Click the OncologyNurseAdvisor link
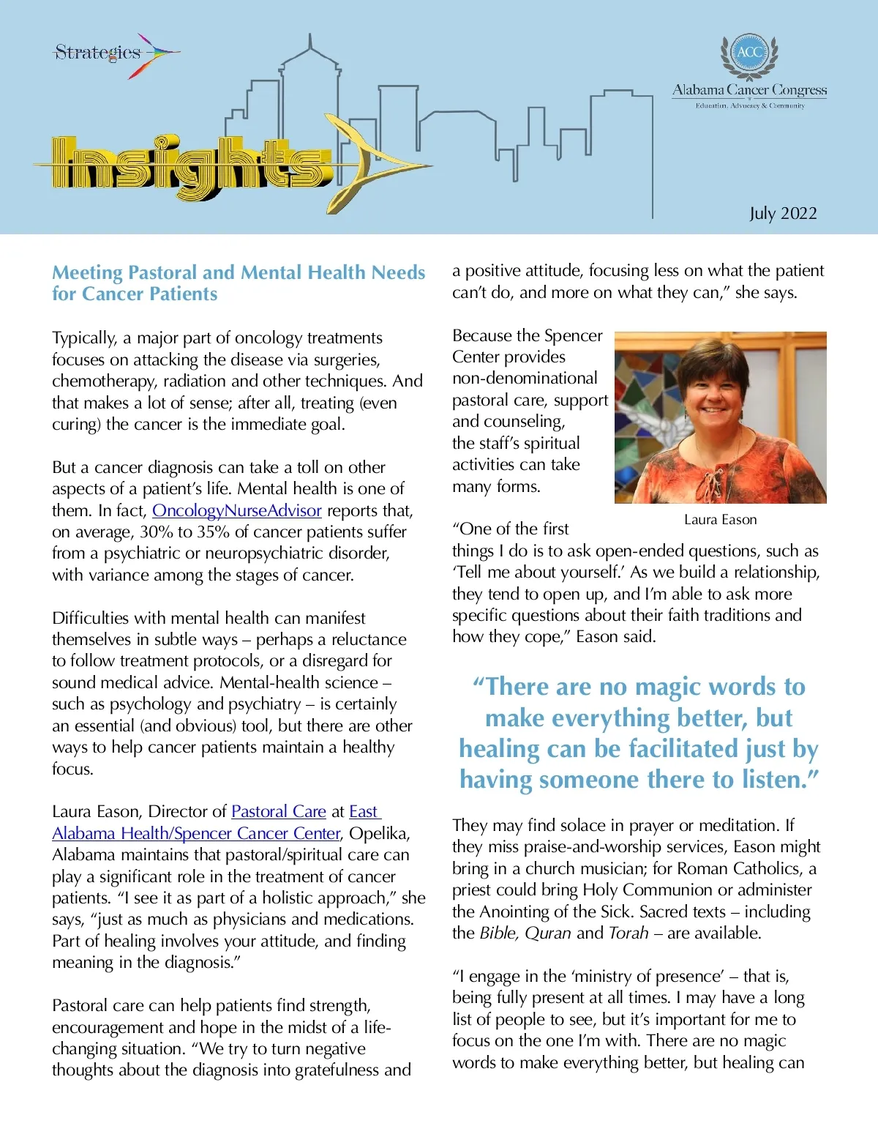[x=236, y=510]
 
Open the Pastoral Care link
[x=278, y=811]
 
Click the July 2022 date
[x=783, y=213]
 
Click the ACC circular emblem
[x=749, y=52]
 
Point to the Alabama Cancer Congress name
[x=749, y=90]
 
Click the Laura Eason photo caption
[x=720, y=520]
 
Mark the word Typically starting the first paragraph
[x=84, y=338]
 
